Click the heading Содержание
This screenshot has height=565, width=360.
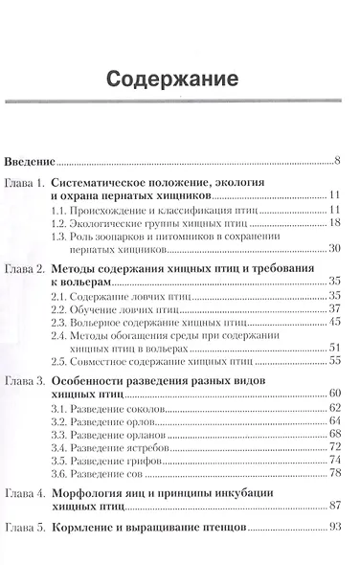179,75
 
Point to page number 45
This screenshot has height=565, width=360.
335,321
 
